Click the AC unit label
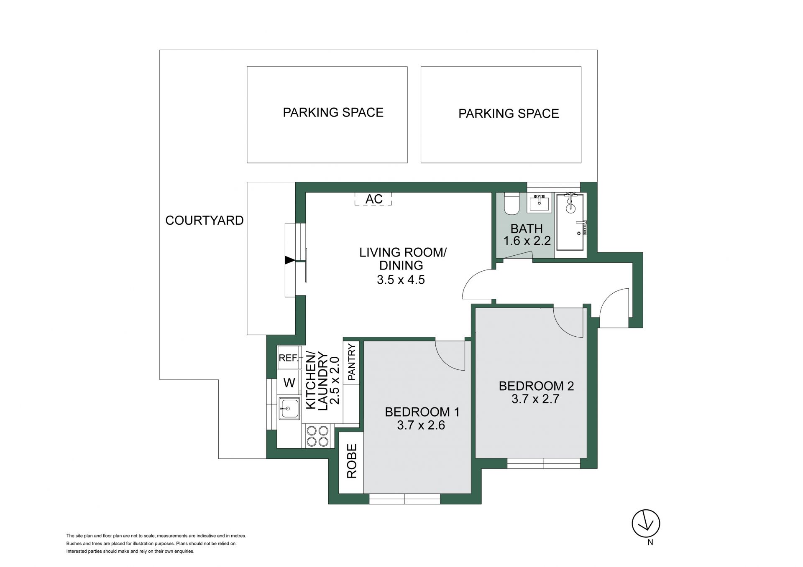point(374,199)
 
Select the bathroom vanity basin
point(540,203)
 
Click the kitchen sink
point(289,408)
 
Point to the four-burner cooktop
point(317,436)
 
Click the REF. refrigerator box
point(289,358)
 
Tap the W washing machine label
point(289,382)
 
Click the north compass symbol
point(646,523)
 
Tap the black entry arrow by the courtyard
point(290,260)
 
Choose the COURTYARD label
point(205,220)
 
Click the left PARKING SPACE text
point(333,112)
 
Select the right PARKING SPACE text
point(509,114)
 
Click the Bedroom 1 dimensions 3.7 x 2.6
point(421,425)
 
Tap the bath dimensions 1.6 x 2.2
point(527,241)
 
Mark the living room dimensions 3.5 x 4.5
point(401,279)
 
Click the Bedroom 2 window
point(544,463)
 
